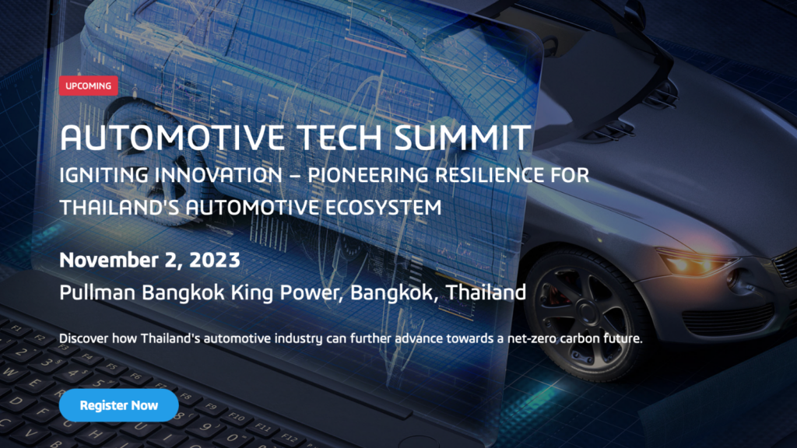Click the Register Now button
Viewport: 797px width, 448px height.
tap(118, 405)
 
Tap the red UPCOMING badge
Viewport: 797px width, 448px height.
tap(89, 86)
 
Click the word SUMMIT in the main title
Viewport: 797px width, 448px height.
tap(462, 138)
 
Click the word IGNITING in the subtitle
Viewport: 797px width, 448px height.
tap(104, 175)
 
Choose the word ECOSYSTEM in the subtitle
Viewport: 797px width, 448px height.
tap(383, 208)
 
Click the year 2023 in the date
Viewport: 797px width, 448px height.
tap(215, 260)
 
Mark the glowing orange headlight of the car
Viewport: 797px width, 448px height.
tap(693, 264)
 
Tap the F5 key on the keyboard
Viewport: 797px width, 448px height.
tap(111, 367)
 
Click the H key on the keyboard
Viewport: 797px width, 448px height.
tap(94, 435)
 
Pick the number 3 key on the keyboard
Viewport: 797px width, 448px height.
tap(46, 362)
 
